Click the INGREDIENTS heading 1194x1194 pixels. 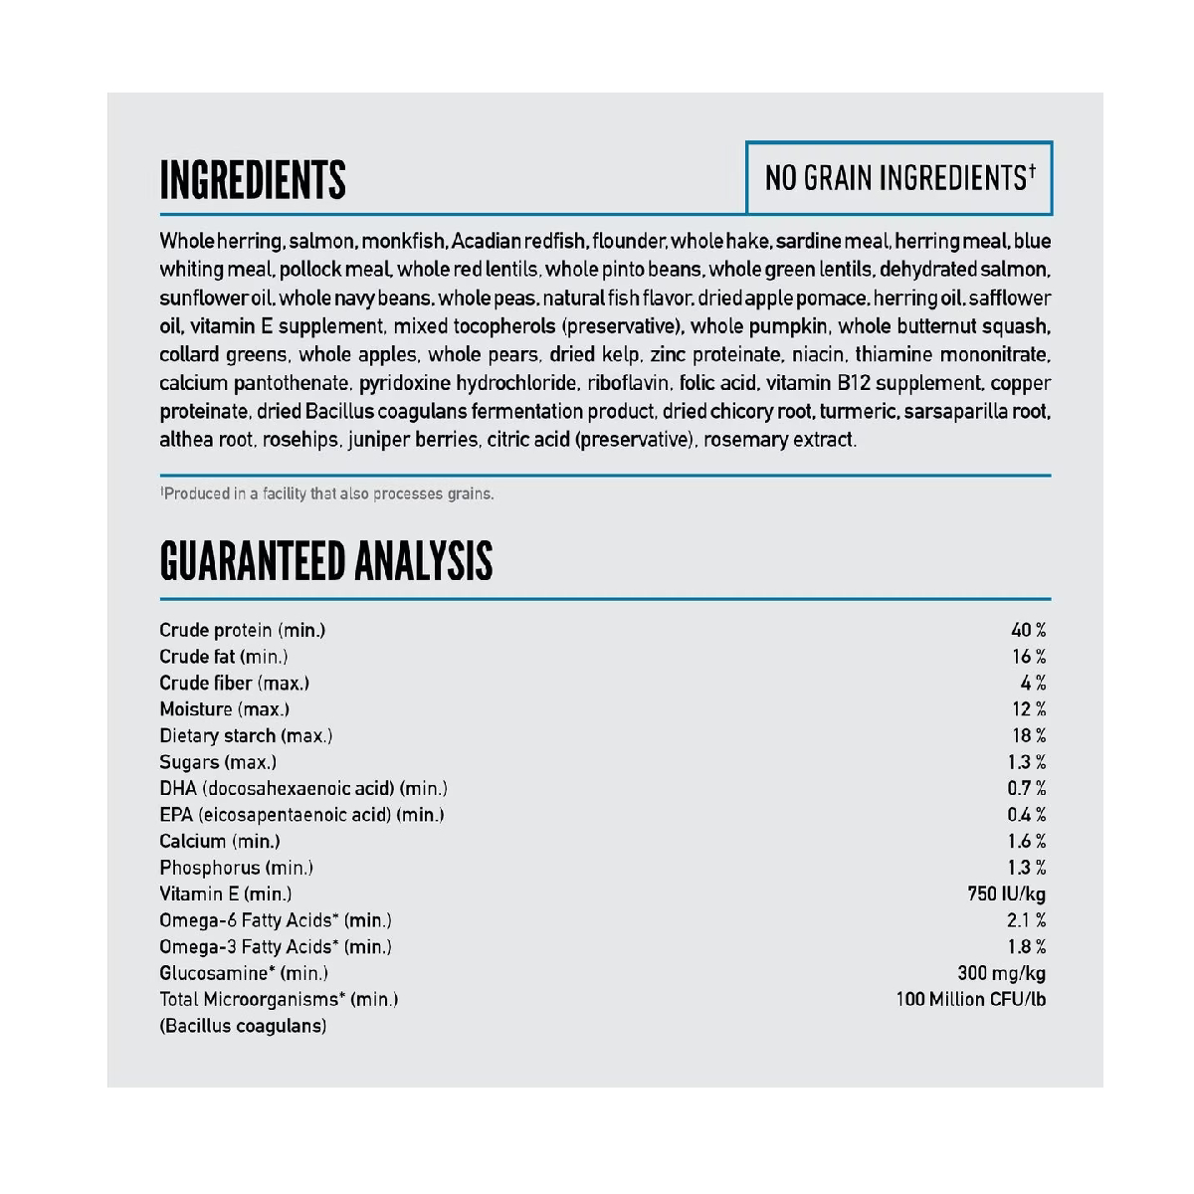253,180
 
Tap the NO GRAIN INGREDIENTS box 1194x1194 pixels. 899,178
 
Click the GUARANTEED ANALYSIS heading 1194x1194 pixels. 325,561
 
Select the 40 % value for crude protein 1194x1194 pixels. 1028,630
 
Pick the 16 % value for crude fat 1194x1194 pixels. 1028,657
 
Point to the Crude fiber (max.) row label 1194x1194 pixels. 234,683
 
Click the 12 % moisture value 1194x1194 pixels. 1028,709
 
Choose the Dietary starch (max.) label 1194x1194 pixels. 246,735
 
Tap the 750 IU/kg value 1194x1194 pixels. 1006,894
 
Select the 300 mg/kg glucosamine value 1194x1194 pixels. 1001,973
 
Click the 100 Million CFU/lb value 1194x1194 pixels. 970,999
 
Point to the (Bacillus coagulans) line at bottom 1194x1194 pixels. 243,1026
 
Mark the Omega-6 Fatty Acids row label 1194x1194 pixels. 276,920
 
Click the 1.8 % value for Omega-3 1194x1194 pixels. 1026,946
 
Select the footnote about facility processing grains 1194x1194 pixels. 327,494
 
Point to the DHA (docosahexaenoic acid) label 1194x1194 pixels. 302,788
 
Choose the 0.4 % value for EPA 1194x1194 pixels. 1026,815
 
